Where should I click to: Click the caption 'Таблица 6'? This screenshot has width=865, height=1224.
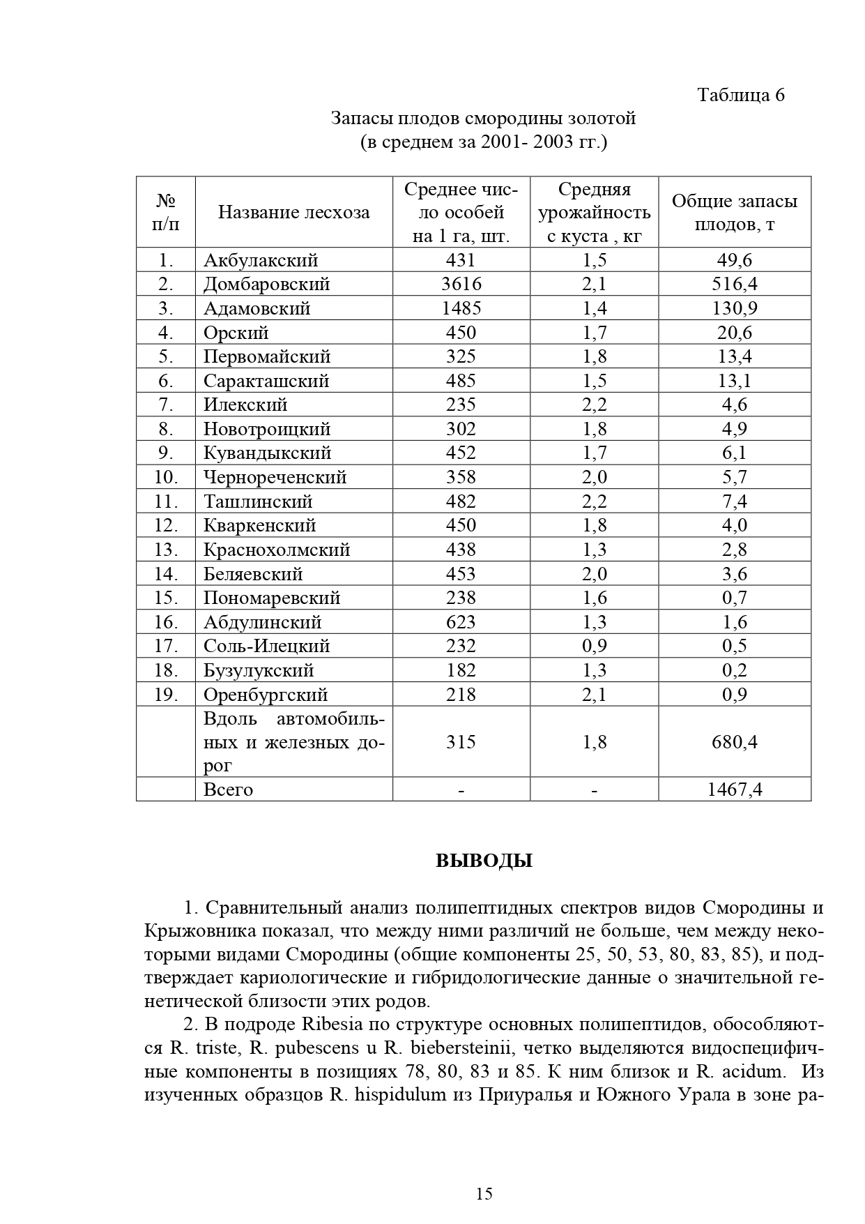tap(741, 95)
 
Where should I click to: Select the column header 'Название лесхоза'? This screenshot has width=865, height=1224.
tap(293, 212)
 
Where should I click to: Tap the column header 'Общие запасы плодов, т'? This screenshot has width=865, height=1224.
tap(734, 213)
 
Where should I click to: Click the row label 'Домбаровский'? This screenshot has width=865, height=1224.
tap(266, 285)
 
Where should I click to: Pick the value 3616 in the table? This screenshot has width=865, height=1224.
tap(461, 285)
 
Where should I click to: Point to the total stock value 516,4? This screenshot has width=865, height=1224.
tap(734, 285)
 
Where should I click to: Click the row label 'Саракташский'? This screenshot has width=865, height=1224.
tap(266, 381)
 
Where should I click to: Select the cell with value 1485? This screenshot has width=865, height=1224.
tap(461, 308)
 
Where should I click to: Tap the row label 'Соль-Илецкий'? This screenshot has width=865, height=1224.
tap(266, 647)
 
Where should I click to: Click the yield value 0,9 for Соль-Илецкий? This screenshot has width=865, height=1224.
tap(594, 647)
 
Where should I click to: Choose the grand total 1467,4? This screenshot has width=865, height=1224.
tap(734, 789)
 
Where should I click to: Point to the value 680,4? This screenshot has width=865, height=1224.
tap(734, 742)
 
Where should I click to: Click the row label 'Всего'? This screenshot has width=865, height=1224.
tap(228, 789)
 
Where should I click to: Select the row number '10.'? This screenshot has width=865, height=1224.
tap(166, 478)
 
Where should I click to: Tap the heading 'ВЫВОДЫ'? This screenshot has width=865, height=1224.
tap(484, 861)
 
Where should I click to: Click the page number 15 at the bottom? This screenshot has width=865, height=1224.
tap(484, 1193)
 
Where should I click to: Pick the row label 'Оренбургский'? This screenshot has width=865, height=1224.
tap(266, 695)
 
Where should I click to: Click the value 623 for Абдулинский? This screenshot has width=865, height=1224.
tap(461, 622)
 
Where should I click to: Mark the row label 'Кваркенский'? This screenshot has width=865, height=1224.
tap(259, 526)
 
